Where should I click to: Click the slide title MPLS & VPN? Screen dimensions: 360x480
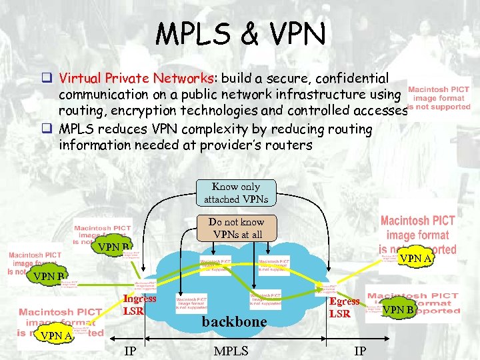pos(240,33)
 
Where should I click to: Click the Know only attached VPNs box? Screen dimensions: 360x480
pos(231,193)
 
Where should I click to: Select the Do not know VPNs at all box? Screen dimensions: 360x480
pos(236,228)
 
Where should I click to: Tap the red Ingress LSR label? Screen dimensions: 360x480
pos(139,305)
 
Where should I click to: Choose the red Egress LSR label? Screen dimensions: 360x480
pos(344,307)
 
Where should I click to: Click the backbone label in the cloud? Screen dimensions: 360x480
pos(234,321)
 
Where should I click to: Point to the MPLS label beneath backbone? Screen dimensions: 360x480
pos(231,351)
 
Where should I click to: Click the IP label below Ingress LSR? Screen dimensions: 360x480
pos(131,351)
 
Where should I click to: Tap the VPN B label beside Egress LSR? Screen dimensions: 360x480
pos(399,309)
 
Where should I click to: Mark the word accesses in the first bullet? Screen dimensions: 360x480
pos(377,111)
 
